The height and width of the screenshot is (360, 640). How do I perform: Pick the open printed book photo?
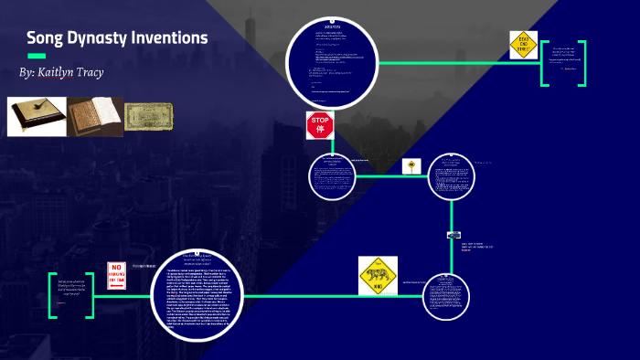95,116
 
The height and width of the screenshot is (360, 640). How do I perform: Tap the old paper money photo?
148,116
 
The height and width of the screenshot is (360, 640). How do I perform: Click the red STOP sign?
320,124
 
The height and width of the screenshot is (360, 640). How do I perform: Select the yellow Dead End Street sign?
524,46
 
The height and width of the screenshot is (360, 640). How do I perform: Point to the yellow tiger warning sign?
378,276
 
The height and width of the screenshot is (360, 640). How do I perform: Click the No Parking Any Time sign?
117,275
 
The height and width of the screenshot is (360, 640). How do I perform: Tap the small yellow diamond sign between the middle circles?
411,166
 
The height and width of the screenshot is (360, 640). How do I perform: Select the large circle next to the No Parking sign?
197,294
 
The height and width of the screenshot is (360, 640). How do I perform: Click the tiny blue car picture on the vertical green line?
453,235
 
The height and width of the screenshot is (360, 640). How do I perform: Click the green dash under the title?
37,57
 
